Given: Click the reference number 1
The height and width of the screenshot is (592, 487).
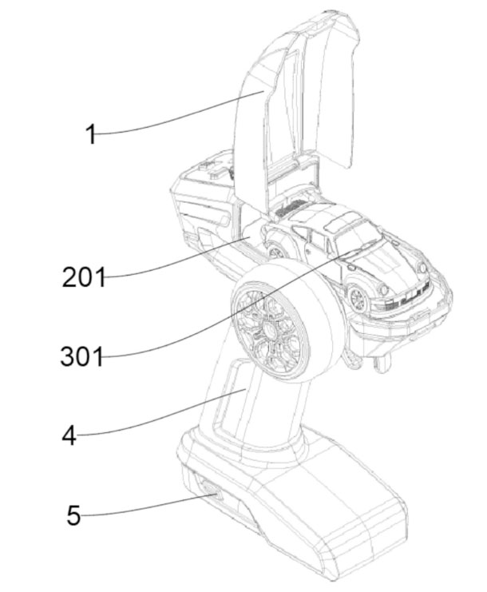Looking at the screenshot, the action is (91, 134).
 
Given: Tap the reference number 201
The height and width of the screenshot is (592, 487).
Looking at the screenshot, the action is (83, 277).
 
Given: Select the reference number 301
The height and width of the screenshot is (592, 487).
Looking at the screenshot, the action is (82, 356).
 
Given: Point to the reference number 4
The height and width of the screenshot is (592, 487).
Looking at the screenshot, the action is (69, 435).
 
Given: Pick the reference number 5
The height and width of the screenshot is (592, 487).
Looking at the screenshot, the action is (74, 515).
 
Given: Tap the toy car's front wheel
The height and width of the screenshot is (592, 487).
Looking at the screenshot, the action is (357, 298).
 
